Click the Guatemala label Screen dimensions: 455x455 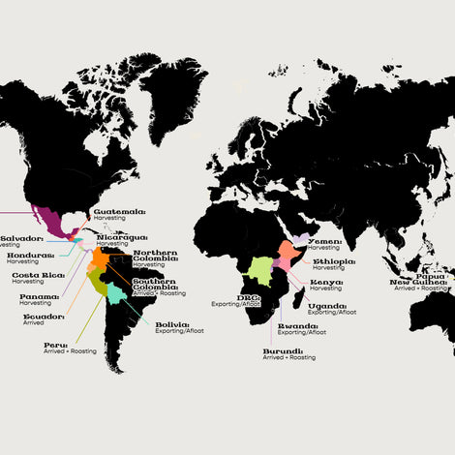point(118,210)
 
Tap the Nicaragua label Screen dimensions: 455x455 point(122,236)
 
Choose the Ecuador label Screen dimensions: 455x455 point(44,317)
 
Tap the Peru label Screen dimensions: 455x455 point(55,345)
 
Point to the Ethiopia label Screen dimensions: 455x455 point(334,261)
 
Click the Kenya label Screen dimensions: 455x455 point(326,282)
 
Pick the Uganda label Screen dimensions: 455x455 point(326,306)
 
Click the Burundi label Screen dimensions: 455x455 point(283,350)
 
